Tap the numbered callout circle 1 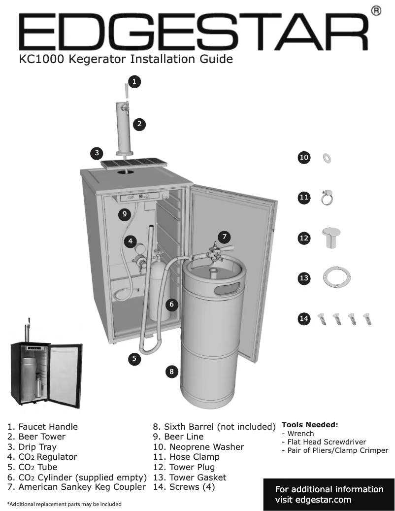click(135, 81)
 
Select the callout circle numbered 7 click(224, 237)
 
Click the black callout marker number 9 click(125, 214)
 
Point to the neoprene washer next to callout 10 click(326, 158)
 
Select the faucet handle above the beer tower click(126, 92)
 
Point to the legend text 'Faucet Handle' click(42, 427)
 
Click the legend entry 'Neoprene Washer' click(198, 447)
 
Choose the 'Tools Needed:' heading click(309, 425)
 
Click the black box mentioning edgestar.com click(329, 494)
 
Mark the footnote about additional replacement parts click(64, 504)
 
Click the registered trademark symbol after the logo click(376, 10)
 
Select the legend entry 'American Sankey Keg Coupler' click(76, 487)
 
